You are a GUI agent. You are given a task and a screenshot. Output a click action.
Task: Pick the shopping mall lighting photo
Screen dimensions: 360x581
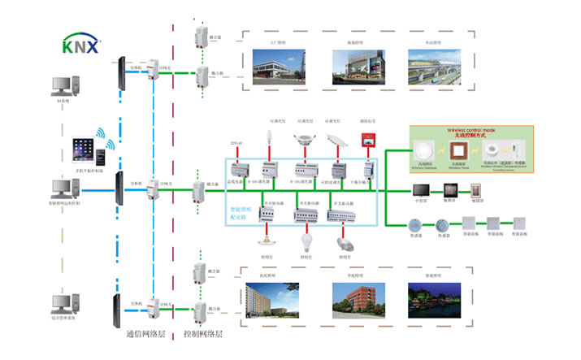click(x=353, y=64)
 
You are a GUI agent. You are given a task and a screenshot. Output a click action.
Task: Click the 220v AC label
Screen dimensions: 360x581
click(x=236, y=142)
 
